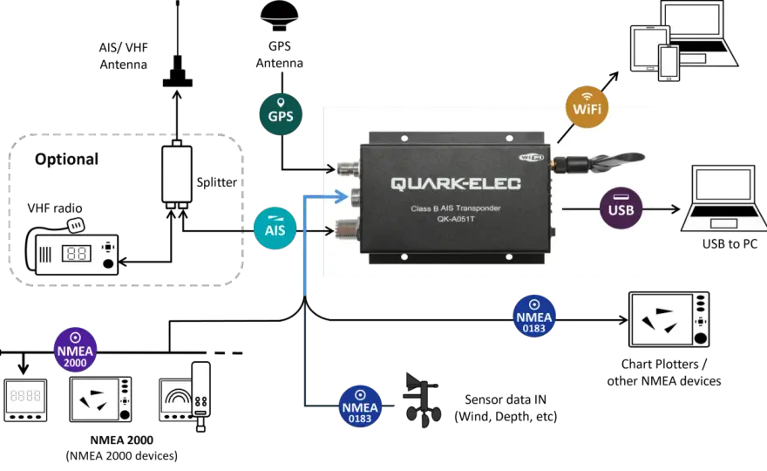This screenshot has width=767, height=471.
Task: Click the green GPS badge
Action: pos(281,114)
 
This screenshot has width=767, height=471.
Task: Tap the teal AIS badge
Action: pos(275,229)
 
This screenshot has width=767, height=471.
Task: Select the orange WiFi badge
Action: pos(587,107)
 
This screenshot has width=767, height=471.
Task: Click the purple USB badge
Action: pos(621,208)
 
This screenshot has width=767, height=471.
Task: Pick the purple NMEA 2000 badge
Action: pos(75,350)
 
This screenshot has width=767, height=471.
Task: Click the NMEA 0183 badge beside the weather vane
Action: pos(360,406)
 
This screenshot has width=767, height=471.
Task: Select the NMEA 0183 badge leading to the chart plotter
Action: pos(533,317)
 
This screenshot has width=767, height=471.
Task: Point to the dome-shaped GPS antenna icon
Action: pos(279,17)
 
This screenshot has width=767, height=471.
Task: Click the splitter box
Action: pos(177,174)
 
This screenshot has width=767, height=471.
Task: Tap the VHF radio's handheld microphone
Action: pos(75,225)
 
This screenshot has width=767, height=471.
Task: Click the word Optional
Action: pos(66,159)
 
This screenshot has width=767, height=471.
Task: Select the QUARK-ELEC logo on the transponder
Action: pos(455,183)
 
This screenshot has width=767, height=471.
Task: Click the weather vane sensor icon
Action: pos(422,400)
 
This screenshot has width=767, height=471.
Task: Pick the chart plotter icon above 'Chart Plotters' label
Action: pos(669,320)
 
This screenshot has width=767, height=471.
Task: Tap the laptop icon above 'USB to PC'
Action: pos(723,198)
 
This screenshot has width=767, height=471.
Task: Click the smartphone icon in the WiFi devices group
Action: pos(669,63)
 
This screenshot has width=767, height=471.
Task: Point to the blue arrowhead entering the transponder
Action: pos(341,196)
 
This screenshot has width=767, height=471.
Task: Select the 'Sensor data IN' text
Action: pos(506,399)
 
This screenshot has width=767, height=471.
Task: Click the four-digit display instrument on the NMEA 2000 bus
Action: pos(26,399)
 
